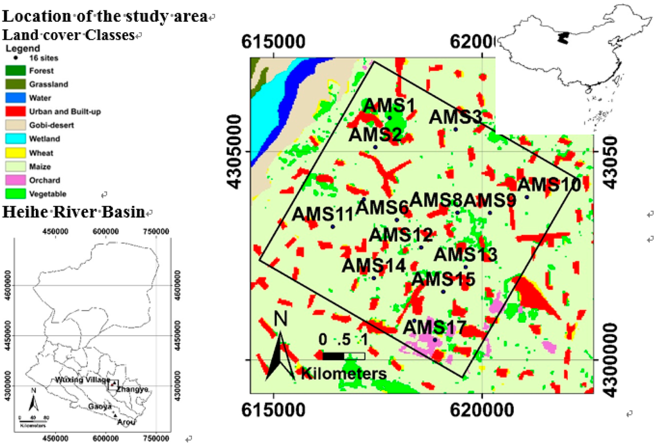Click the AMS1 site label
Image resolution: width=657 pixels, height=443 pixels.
[x=390, y=105]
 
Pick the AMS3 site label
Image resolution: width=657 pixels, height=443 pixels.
[x=455, y=117]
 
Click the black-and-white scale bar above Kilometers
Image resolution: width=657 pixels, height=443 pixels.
[x=343, y=356]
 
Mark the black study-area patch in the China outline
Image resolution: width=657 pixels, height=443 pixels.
[x=563, y=39]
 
